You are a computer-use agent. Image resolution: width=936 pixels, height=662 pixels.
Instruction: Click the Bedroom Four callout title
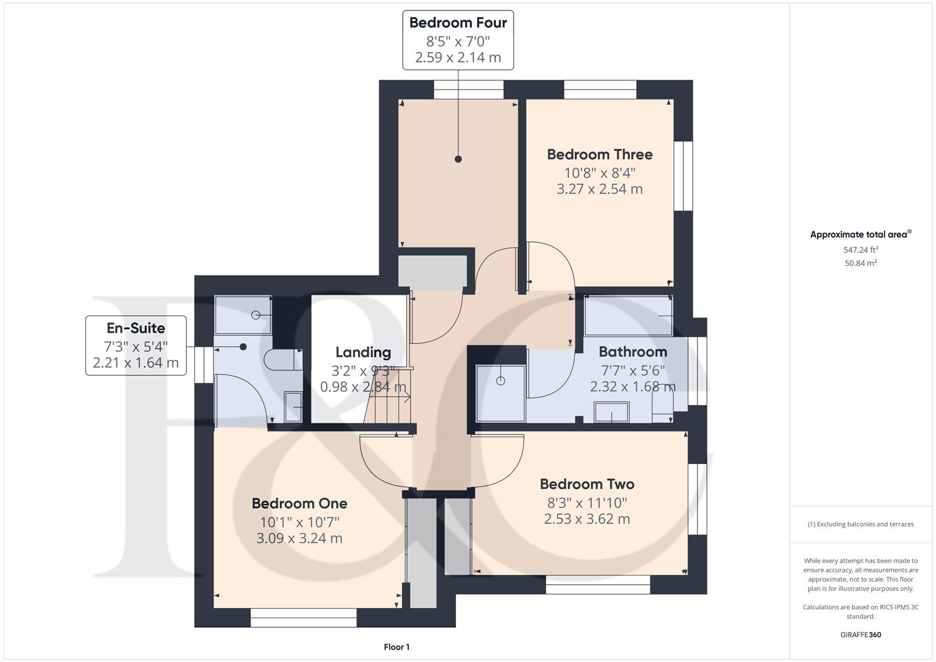(458, 23)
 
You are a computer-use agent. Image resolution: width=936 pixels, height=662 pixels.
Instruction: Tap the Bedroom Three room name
(599, 154)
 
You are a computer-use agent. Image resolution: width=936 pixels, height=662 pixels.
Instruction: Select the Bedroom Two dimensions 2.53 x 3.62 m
(587, 519)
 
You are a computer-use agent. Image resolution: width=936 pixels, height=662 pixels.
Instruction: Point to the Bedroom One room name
(299, 503)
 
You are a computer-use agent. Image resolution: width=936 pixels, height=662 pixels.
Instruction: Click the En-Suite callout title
(136, 328)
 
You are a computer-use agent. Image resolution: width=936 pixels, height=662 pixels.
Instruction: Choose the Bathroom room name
(633, 351)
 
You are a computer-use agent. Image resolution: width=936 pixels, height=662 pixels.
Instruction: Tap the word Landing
(363, 352)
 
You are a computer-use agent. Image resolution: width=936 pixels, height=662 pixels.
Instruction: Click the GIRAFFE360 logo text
(861, 634)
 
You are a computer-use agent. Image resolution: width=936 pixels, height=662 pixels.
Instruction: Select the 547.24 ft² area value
(861, 249)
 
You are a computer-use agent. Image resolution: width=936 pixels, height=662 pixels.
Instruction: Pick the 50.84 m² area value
(861, 263)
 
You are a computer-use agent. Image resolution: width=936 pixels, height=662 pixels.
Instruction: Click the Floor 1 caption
(397, 647)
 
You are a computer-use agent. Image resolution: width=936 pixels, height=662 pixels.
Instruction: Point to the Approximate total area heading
(861, 234)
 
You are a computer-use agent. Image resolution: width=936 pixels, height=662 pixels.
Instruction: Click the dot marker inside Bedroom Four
(458, 159)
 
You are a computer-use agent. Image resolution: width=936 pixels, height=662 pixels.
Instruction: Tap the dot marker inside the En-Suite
(243, 347)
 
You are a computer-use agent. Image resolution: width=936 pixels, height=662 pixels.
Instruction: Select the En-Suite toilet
(283, 360)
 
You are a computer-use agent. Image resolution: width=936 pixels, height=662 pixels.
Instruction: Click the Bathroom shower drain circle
(501, 381)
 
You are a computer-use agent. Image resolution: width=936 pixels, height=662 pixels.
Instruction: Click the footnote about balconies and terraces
(861, 524)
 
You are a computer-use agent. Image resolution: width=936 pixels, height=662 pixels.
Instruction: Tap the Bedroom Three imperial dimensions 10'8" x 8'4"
(599, 173)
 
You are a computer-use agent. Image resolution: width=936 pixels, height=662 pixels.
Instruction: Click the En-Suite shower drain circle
(256, 315)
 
